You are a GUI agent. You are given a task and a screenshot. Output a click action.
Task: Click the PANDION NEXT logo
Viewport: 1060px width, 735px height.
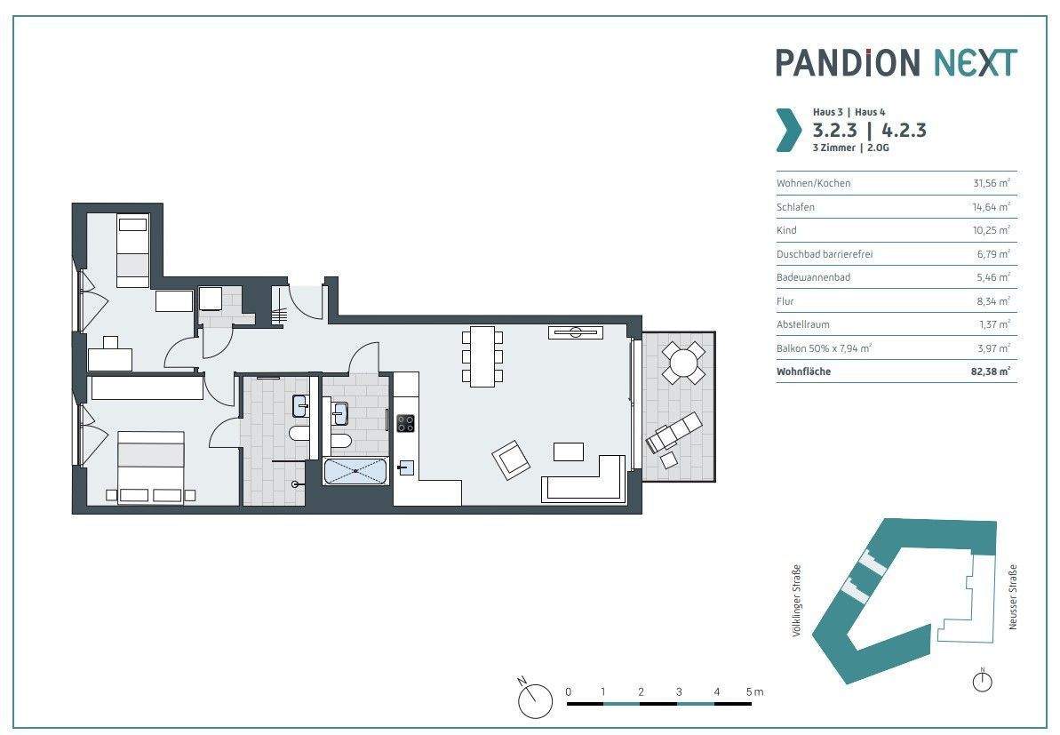click(x=896, y=62)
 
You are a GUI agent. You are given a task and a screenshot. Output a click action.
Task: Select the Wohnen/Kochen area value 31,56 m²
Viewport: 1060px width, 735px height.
click(x=991, y=183)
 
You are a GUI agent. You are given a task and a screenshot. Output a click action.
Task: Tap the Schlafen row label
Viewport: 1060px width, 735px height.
click(x=795, y=207)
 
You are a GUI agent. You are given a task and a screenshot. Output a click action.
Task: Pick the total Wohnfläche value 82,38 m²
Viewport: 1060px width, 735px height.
click(x=991, y=371)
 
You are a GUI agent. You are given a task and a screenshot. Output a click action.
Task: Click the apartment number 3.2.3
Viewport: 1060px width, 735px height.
click(x=835, y=130)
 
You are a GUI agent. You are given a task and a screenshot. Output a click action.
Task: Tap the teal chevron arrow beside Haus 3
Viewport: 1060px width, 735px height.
click(x=788, y=129)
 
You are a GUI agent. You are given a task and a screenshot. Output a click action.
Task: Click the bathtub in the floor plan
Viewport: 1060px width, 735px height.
click(x=356, y=471)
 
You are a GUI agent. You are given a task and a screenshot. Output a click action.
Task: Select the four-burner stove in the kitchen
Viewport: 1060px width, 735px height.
click(x=406, y=423)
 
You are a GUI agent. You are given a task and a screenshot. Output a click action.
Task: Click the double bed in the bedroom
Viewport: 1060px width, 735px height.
click(x=151, y=467)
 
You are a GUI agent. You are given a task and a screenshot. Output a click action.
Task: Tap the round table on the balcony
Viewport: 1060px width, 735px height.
click(x=683, y=364)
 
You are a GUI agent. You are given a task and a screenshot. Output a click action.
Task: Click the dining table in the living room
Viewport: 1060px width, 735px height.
click(x=482, y=356)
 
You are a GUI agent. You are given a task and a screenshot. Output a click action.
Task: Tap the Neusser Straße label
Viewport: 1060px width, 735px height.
click(x=1013, y=597)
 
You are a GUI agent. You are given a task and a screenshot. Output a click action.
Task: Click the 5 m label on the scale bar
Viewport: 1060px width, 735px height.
click(x=754, y=691)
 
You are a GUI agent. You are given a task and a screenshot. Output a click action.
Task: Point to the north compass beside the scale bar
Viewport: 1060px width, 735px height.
click(x=535, y=698)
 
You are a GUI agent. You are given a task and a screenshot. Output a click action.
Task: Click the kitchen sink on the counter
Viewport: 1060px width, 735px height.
click(x=406, y=467)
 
